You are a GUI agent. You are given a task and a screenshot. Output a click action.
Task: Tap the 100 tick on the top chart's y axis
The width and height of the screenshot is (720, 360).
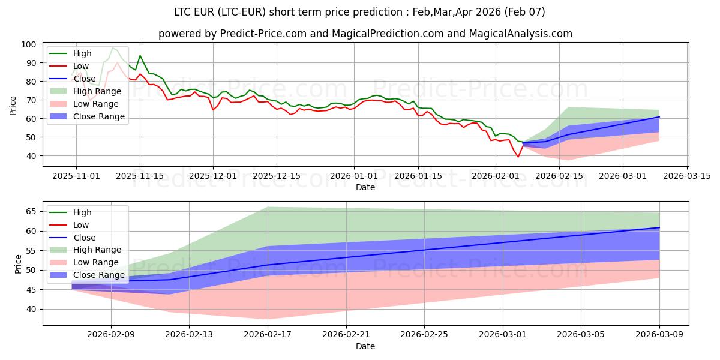pos(30,44)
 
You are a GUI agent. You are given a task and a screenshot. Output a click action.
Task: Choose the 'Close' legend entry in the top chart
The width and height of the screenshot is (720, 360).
pos(85,79)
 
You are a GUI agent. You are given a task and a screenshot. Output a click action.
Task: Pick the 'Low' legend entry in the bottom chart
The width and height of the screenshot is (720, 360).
pos(80,225)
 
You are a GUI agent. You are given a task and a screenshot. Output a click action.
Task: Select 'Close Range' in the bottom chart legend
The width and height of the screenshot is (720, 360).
pos(100,275)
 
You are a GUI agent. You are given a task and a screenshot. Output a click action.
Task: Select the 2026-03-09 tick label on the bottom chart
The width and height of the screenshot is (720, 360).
pos(659,335)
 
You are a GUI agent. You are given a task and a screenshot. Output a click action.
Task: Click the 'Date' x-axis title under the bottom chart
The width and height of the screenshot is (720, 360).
pos(365,346)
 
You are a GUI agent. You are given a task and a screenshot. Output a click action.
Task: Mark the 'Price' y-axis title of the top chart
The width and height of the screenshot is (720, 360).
pos(13,105)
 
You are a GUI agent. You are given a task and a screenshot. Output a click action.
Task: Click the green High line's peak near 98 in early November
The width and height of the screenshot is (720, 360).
pos(112,48)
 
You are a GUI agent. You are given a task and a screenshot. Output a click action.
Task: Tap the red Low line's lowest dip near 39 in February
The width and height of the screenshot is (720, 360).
pos(518,157)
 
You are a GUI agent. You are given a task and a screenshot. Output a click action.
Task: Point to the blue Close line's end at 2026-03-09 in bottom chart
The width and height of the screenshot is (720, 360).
pos(659,227)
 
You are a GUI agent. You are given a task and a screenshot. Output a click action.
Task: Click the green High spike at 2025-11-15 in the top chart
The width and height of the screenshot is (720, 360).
pos(140,56)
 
